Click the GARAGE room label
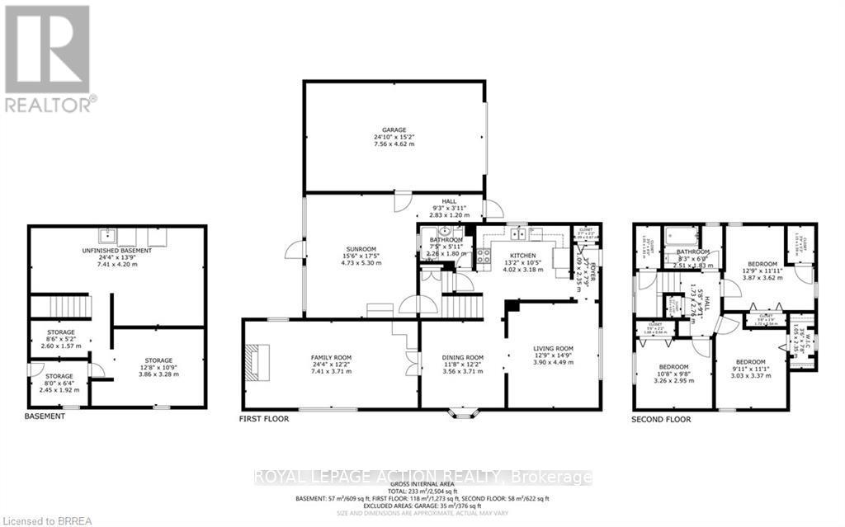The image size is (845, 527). (x=394, y=137)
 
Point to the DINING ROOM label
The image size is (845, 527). (x=461, y=358)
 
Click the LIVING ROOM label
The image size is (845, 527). (x=553, y=350)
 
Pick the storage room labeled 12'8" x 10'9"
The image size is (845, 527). (x=158, y=361)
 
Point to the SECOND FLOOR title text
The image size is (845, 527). (x=662, y=419)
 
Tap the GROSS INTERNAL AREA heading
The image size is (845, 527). (x=423, y=485)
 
